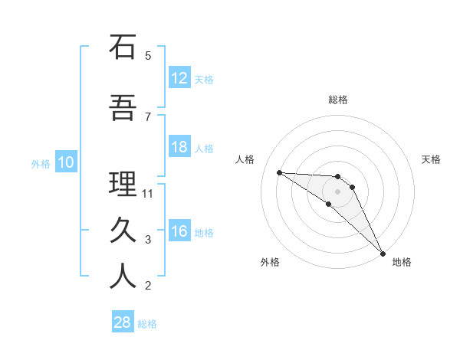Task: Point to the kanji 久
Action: pos(123,230)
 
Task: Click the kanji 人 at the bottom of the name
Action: pos(123,277)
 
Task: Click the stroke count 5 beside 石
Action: pos(148,56)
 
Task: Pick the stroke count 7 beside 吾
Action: pos(148,116)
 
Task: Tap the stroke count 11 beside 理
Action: pos(148,193)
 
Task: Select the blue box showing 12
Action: pos(179,78)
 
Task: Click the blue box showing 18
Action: pos(179,147)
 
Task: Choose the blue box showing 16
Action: pos(179,231)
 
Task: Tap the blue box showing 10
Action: pos(65,162)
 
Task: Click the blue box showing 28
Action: pos(123,322)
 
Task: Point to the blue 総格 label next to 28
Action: pos(148,324)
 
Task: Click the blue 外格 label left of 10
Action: pos(41,163)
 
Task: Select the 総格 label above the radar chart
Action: pos(338,100)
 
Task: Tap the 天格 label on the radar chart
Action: pos(432,159)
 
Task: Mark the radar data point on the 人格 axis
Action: pos(279,172)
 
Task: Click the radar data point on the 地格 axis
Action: pos(381,252)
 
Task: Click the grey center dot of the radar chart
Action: pos(337,191)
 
